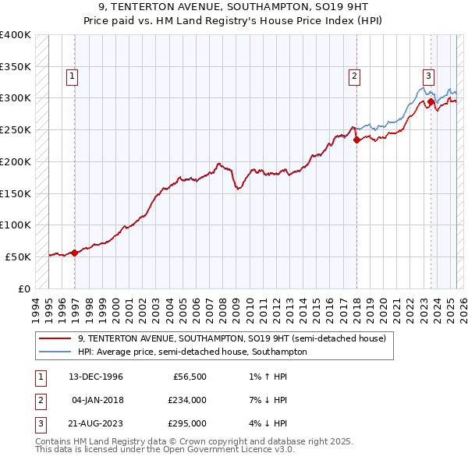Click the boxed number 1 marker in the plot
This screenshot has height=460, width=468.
[72, 76]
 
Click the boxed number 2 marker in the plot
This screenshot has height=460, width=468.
[354, 76]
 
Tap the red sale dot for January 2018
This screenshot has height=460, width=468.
[356, 140]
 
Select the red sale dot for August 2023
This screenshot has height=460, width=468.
[431, 101]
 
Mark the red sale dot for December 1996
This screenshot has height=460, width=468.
[75, 252]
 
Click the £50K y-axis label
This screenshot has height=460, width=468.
[18, 257]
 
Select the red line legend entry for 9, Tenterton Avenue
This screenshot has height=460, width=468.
[232, 339]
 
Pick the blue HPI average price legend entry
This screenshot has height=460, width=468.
[192, 352]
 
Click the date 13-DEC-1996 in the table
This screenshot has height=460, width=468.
[96, 377]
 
